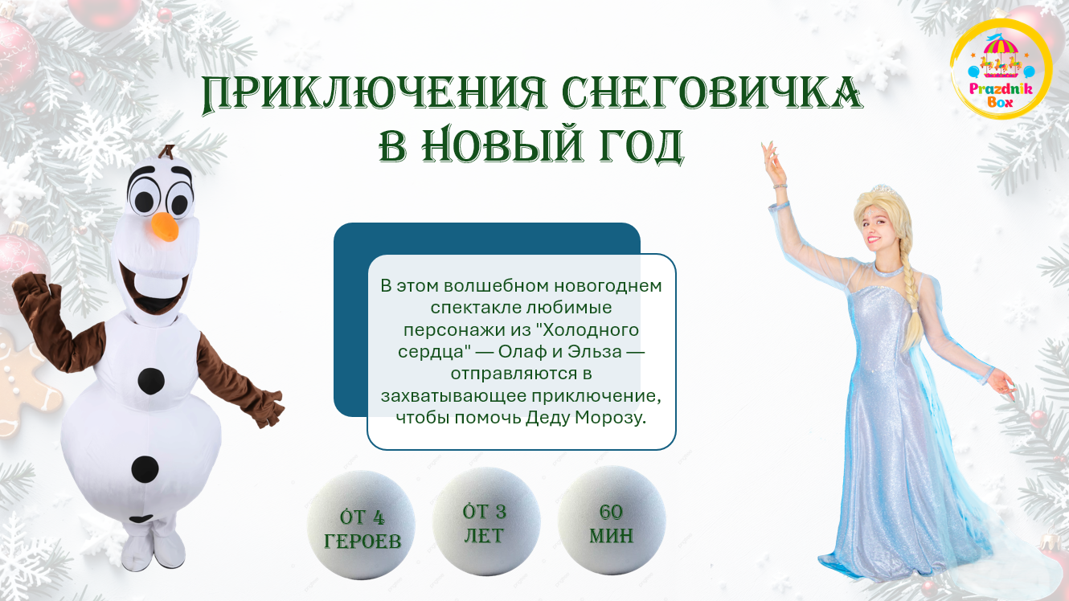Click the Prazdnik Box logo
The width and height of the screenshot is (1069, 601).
click(1001, 70)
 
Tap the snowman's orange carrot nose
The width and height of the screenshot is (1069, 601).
click(166, 226)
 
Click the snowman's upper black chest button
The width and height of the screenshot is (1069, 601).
click(151, 381)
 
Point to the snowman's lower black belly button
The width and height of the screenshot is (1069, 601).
click(145, 469)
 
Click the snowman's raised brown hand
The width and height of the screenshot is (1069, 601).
click(35, 296)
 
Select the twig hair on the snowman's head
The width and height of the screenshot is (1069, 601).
click(167, 152)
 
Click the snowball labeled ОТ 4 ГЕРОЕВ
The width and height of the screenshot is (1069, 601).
click(361, 525)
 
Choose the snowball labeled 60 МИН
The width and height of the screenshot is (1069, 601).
click(612, 521)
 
